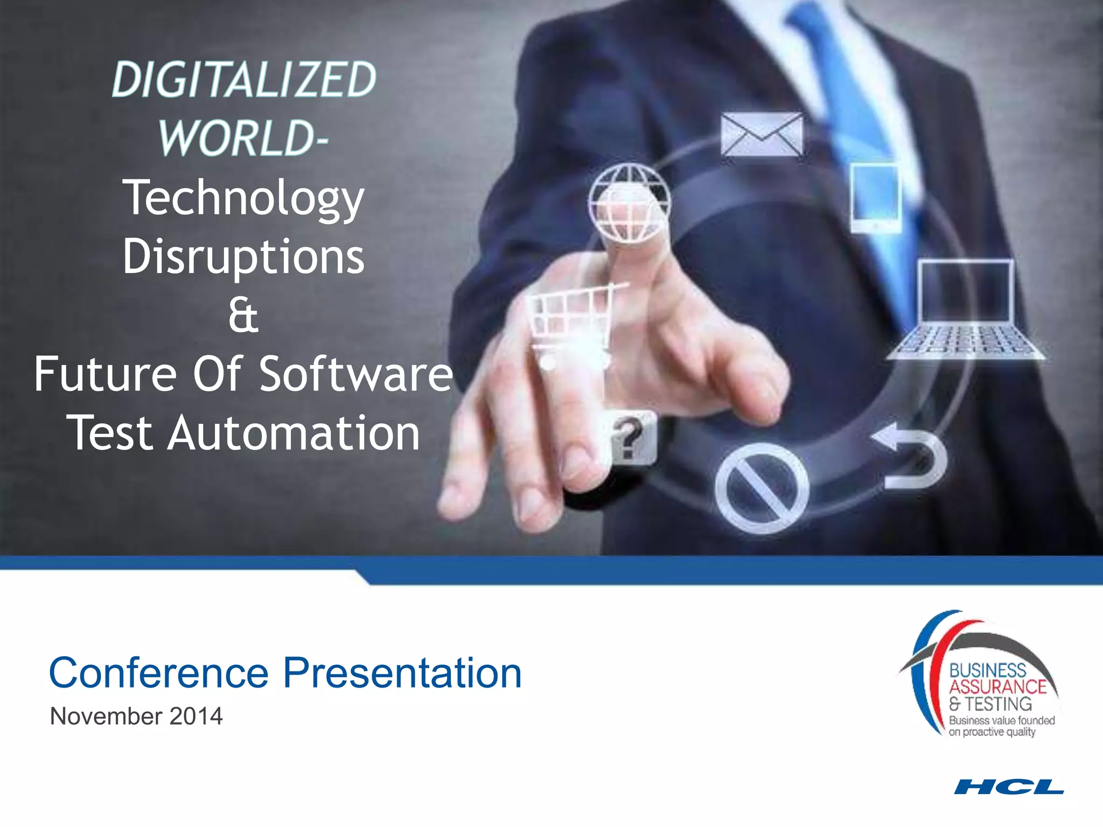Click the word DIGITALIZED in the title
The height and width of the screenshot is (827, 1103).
(x=244, y=80)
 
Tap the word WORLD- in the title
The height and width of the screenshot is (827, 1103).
(x=243, y=138)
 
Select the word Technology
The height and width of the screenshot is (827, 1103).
(x=243, y=198)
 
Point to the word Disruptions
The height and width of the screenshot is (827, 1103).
(x=243, y=256)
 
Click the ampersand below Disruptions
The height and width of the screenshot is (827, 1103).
(x=243, y=316)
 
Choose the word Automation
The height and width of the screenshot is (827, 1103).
(x=294, y=433)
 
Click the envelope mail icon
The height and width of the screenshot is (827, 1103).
(x=762, y=134)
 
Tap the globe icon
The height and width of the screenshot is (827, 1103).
(x=629, y=202)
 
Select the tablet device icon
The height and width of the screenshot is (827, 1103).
(x=875, y=198)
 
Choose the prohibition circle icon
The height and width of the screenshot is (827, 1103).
(x=762, y=488)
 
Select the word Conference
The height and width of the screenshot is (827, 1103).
(x=159, y=673)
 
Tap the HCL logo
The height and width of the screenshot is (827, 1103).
(x=1009, y=787)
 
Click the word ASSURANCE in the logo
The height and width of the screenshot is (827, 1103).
(x=997, y=687)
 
